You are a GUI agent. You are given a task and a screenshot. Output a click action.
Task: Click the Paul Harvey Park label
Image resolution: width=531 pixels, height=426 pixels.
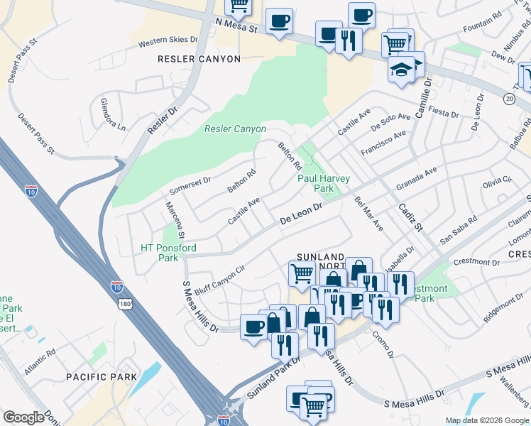click(315, 184)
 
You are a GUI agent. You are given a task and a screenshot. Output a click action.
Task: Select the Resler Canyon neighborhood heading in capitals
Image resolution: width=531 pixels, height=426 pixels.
click(199, 59)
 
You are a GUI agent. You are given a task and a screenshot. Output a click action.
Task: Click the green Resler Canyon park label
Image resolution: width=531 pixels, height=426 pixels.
click(235, 129)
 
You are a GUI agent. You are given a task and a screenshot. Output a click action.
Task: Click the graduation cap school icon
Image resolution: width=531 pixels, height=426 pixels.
click(400, 70)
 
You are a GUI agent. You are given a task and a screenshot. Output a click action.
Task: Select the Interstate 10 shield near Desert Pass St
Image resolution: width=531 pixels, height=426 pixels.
click(31, 190)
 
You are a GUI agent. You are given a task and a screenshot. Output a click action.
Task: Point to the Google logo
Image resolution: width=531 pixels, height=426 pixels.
click(23, 417)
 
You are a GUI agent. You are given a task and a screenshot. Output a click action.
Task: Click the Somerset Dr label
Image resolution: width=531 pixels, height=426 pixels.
click(190, 186)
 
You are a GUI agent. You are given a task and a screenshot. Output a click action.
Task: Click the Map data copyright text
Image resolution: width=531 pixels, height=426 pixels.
click(486, 420)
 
